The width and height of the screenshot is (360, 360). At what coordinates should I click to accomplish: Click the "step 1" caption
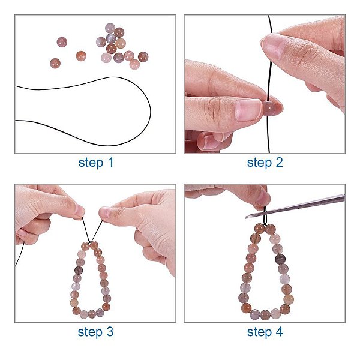(96, 163)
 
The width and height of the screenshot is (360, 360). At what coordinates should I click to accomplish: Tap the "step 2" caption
(265, 163)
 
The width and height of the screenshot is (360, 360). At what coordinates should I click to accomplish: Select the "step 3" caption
(95, 332)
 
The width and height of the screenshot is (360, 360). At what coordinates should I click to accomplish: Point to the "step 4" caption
(265, 332)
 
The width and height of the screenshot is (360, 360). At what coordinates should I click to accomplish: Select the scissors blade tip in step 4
(246, 217)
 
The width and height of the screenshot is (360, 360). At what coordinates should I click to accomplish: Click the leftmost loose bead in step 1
(55, 63)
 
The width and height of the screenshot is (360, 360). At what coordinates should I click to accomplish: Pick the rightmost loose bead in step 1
(143, 57)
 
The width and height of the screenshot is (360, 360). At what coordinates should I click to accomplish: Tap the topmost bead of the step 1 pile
(110, 28)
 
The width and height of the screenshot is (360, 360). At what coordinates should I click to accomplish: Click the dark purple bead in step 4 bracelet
(280, 259)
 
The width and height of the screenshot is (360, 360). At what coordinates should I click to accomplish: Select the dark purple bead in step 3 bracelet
(79, 270)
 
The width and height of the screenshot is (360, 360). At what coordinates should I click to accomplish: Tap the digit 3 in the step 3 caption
(110, 332)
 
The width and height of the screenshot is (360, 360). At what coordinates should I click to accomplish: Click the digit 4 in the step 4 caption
(279, 332)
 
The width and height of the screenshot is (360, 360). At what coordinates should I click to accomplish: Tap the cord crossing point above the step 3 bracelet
(90, 242)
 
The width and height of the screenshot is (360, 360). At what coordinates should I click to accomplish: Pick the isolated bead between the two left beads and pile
(81, 56)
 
